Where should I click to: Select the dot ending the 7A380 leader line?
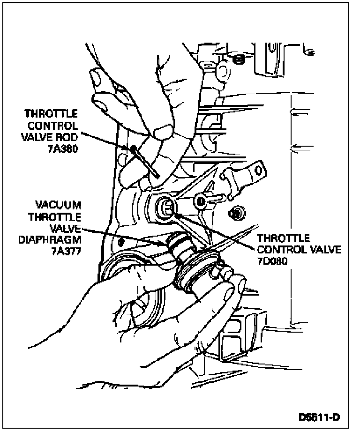point(135,149)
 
